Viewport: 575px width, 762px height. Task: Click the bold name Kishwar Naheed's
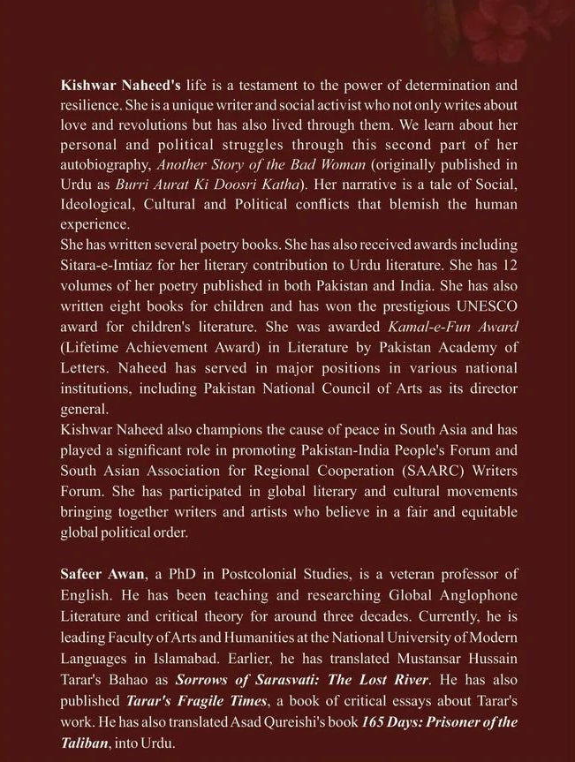pos(108,86)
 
